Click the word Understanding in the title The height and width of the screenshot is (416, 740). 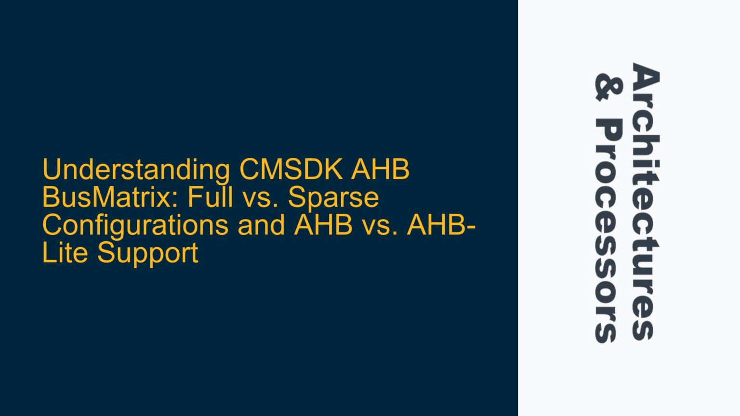click(x=136, y=170)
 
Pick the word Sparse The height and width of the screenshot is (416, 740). click(x=333, y=198)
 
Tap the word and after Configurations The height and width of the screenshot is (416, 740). click(x=261, y=225)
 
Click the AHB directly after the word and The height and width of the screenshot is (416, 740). click(x=323, y=225)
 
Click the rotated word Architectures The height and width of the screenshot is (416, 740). click(x=645, y=202)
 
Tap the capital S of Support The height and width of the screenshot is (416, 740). click(x=106, y=253)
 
